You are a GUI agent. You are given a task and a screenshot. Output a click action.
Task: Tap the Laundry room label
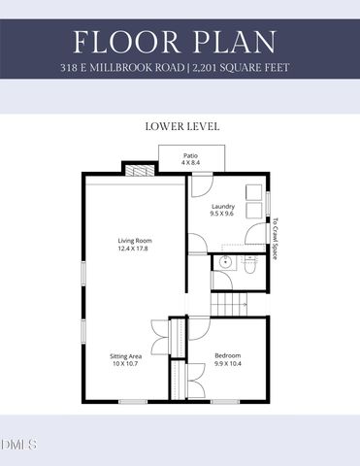[223, 206]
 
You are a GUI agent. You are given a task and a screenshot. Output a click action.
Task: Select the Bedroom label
[227, 355]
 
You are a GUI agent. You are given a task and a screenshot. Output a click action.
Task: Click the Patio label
[192, 155]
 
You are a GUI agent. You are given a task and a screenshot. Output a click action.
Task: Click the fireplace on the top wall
[136, 170]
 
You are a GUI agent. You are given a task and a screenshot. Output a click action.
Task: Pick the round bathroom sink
[225, 262]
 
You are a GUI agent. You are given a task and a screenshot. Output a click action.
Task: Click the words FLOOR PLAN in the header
[180, 43]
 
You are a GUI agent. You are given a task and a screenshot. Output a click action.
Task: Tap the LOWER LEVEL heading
[180, 126]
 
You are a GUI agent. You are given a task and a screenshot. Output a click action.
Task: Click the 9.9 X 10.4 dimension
[227, 363]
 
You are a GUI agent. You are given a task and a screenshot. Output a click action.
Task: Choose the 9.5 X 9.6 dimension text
[223, 214]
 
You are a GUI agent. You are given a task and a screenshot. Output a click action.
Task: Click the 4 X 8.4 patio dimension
[192, 163]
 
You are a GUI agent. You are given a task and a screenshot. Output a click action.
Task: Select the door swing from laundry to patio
[200, 183]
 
